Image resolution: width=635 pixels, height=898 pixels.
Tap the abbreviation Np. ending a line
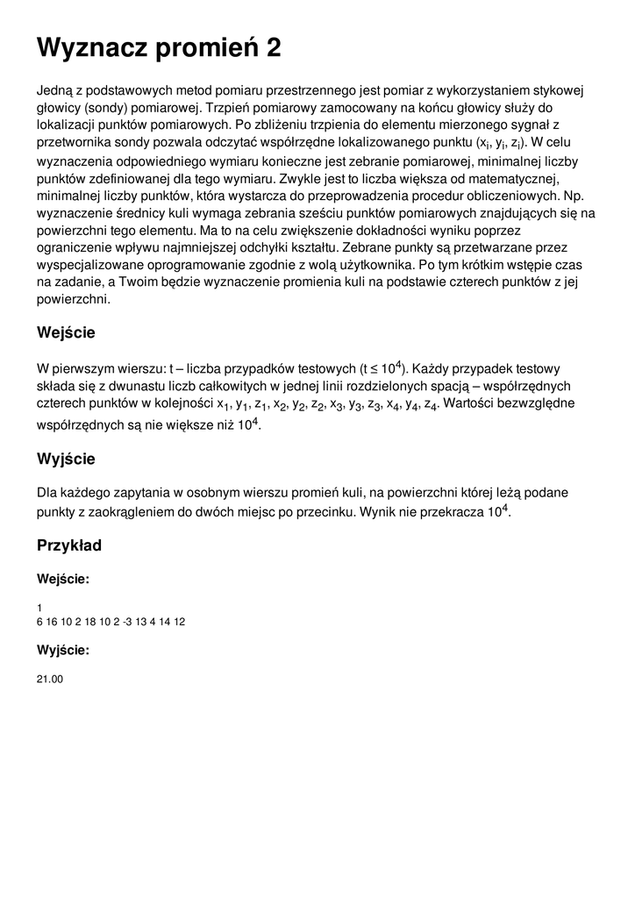click(574, 196)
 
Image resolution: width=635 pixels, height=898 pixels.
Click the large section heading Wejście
click(66, 333)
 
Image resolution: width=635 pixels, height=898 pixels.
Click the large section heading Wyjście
click(66, 459)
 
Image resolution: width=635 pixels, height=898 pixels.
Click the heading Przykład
click(69, 545)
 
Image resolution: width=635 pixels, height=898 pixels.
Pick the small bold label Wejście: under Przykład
click(62, 579)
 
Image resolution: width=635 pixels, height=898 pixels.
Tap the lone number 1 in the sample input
click(39, 608)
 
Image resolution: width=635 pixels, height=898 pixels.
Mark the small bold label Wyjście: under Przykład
click(62, 650)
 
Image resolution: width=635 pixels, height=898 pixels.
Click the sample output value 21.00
click(50, 679)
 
